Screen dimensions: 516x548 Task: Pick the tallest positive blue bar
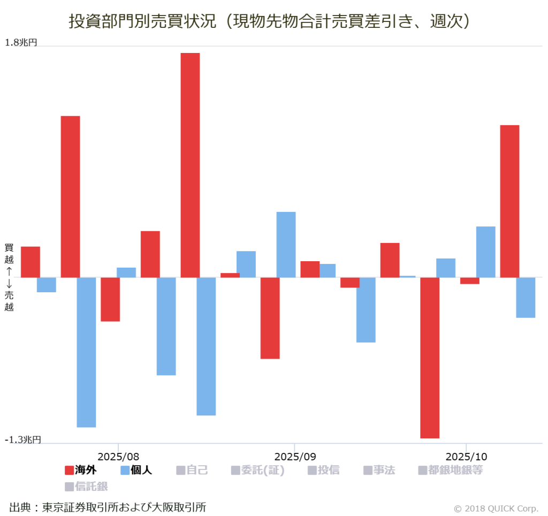point(286,245)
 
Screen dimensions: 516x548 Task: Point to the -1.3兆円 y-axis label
point(22,439)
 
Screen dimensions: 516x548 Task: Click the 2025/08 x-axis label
point(118,457)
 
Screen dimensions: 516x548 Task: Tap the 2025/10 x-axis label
point(466,457)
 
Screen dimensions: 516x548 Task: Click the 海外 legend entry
point(80,471)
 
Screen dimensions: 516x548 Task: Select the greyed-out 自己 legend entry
point(192,471)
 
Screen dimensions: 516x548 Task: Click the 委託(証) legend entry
point(257,471)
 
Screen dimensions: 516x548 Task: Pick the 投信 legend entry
point(323,471)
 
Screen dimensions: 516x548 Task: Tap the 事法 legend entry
point(379,471)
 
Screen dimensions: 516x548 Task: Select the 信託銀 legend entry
point(86,487)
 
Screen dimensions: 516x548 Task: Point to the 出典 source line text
point(108,507)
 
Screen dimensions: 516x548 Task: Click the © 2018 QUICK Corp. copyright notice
point(496,508)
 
